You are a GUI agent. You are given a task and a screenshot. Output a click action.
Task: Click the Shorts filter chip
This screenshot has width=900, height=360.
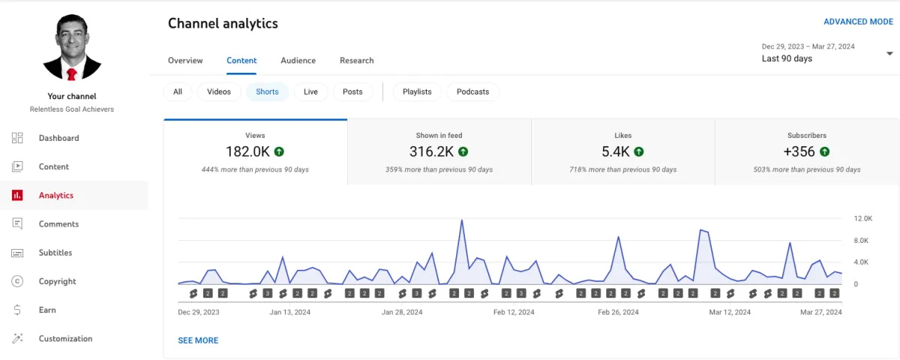[x=267, y=91]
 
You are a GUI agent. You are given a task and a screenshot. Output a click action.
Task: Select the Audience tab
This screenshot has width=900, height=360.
[x=298, y=60]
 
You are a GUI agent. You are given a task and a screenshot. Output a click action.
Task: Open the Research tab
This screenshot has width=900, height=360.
[x=356, y=60]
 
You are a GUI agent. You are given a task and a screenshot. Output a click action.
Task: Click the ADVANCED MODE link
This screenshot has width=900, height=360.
[x=858, y=22]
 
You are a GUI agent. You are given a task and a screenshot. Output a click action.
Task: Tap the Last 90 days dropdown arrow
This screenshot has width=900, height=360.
[x=889, y=53]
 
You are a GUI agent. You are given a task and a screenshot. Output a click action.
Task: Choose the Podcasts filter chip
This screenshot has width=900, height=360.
[x=472, y=91]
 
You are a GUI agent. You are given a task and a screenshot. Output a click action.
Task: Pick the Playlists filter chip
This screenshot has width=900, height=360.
[x=417, y=91]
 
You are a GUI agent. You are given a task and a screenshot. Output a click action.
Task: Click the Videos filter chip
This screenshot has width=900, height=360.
[x=219, y=91]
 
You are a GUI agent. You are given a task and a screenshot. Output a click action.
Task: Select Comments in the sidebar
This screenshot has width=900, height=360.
[x=58, y=223]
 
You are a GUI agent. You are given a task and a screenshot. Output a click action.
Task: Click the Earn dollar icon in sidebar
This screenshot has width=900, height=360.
[x=17, y=310]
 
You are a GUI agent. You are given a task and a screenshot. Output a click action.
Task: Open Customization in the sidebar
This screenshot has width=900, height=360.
[x=65, y=338]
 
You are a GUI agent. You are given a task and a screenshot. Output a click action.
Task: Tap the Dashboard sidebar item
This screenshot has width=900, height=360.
[x=58, y=138]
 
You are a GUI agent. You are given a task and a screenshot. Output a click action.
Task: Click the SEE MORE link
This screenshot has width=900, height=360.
[x=198, y=340]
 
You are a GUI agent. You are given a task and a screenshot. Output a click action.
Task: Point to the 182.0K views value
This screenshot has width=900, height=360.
[x=247, y=151]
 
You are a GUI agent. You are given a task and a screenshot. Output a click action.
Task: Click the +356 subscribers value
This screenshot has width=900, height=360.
[x=799, y=151]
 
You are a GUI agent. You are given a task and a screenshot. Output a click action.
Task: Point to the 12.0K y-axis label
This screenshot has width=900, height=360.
[x=862, y=218]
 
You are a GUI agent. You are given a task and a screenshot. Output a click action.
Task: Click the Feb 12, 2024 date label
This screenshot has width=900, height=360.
[x=514, y=312]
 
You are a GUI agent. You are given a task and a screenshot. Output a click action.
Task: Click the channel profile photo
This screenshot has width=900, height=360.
[x=72, y=48]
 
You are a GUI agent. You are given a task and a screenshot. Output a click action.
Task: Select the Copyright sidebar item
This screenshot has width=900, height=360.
[x=57, y=281]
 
